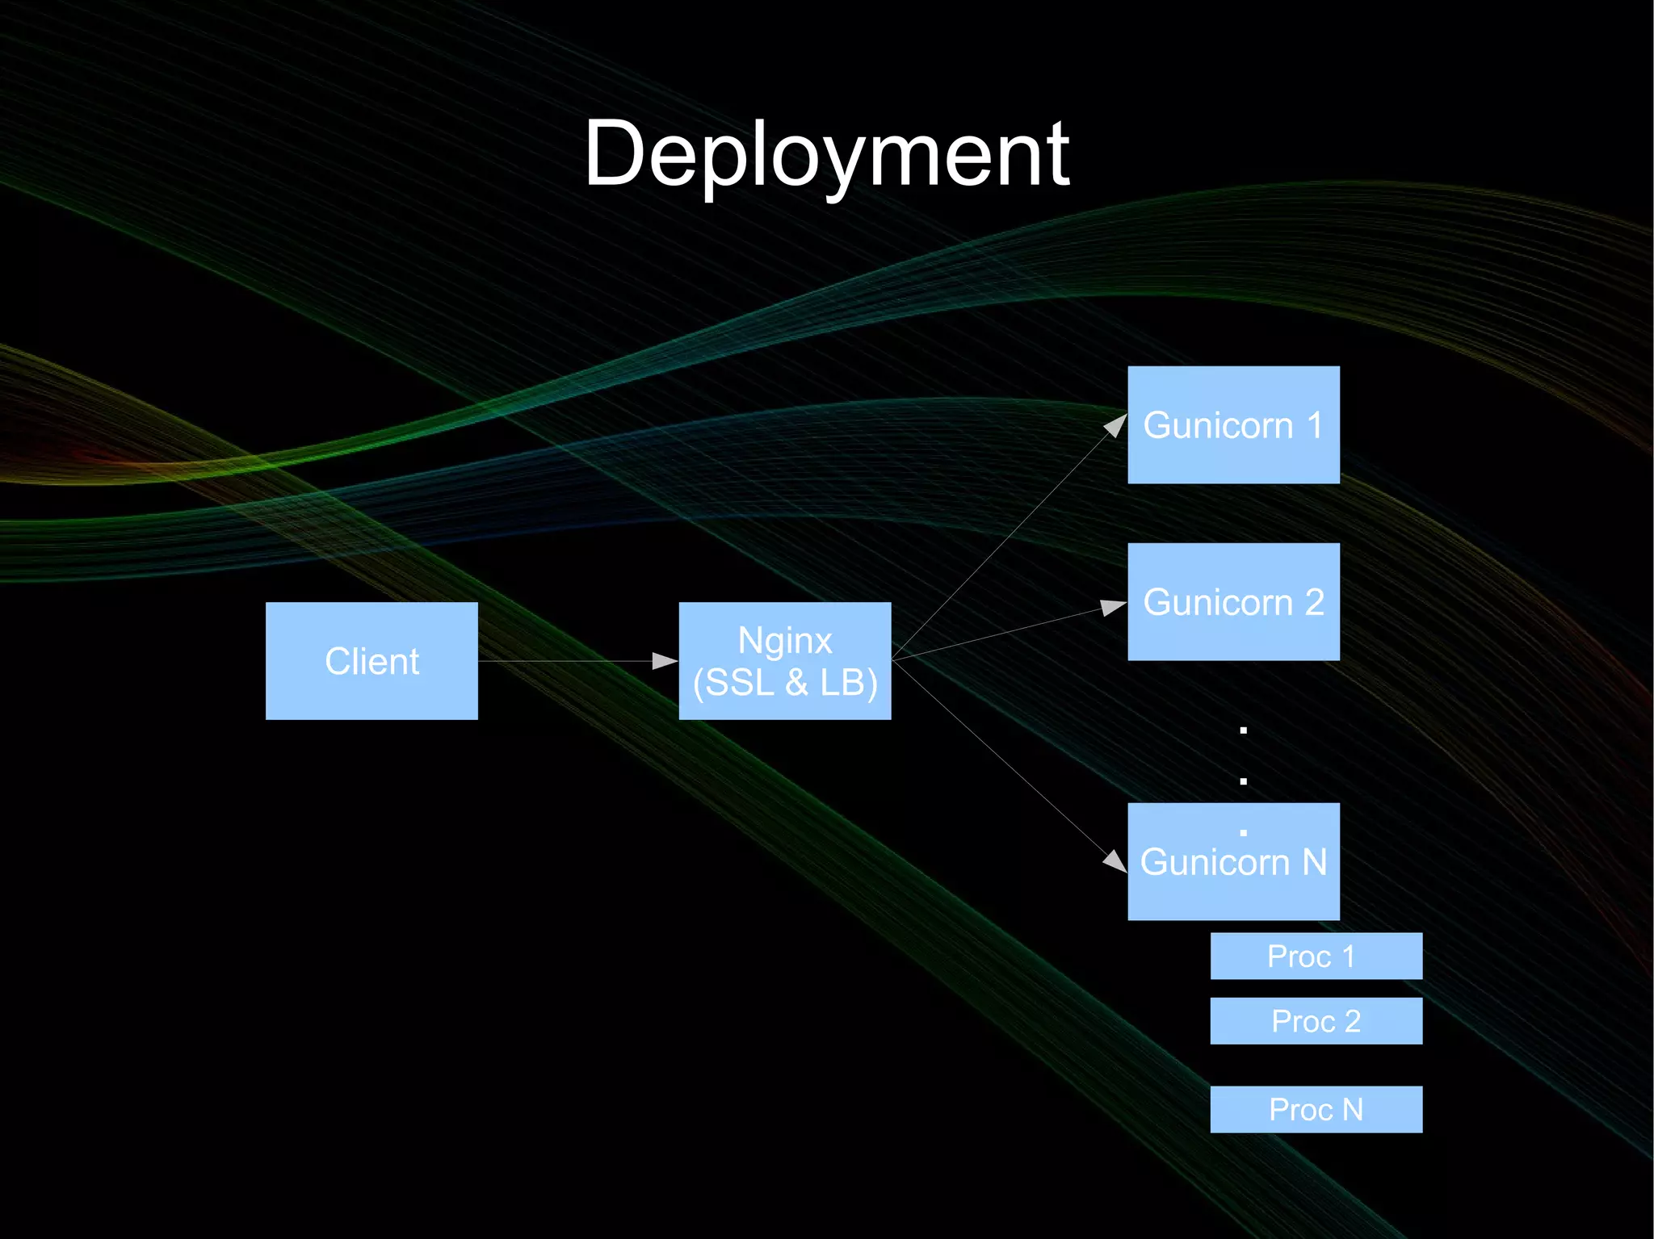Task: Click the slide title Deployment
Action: [x=826, y=153]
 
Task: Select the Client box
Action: [x=372, y=661]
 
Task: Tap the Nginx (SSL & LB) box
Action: [x=785, y=661]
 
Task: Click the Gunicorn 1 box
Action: [x=1233, y=425]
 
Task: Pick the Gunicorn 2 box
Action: [x=1233, y=602]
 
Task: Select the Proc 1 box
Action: [x=1316, y=956]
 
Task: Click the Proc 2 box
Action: [x=1316, y=1021]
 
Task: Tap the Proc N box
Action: [x=1316, y=1110]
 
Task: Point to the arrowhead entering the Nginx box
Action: [x=665, y=661]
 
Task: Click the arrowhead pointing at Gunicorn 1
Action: [x=1115, y=425]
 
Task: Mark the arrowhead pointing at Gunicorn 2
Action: [x=1114, y=607]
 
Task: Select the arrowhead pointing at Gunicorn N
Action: [x=1115, y=861]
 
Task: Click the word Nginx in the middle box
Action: [x=785, y=641]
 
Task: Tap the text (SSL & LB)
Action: [x=785, y=683]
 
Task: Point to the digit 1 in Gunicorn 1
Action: [x=1315, y=425]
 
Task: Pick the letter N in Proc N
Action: [x=1353, y=1110]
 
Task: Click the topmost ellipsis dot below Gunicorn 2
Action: [x=1244, y=730]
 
